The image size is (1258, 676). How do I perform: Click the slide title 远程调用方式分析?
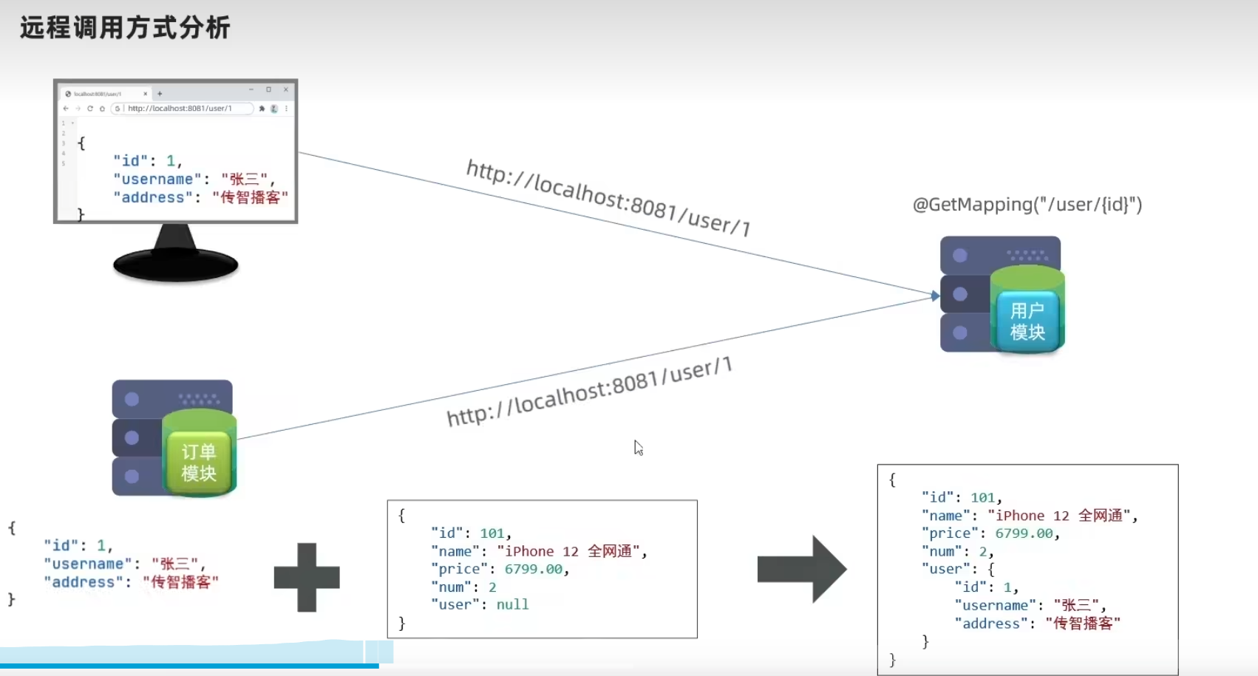[x=125, y=28]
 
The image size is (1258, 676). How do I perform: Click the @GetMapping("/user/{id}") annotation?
[x=1027, y=205]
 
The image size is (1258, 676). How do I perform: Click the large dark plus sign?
[x=307, y=577]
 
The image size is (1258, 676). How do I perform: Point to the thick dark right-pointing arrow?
[x=802, y=570]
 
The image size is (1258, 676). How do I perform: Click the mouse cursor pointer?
[x=638, y=447]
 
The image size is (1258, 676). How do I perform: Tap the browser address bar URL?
[x=180, y=109]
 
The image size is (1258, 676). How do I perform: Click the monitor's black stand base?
[x=176, y=264]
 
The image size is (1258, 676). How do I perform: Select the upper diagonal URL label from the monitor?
[x=608, y=197]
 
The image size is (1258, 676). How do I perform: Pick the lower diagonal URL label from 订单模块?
[x=589, y=392]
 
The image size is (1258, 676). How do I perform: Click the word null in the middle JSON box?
[x=512, y=605]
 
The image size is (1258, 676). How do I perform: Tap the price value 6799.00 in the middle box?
[x=533, y=570]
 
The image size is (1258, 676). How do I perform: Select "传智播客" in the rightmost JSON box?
[x=1083, y=624]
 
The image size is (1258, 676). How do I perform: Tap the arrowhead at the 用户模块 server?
[x=935, y=296]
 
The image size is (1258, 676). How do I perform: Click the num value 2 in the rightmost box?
[x=983, y=552]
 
